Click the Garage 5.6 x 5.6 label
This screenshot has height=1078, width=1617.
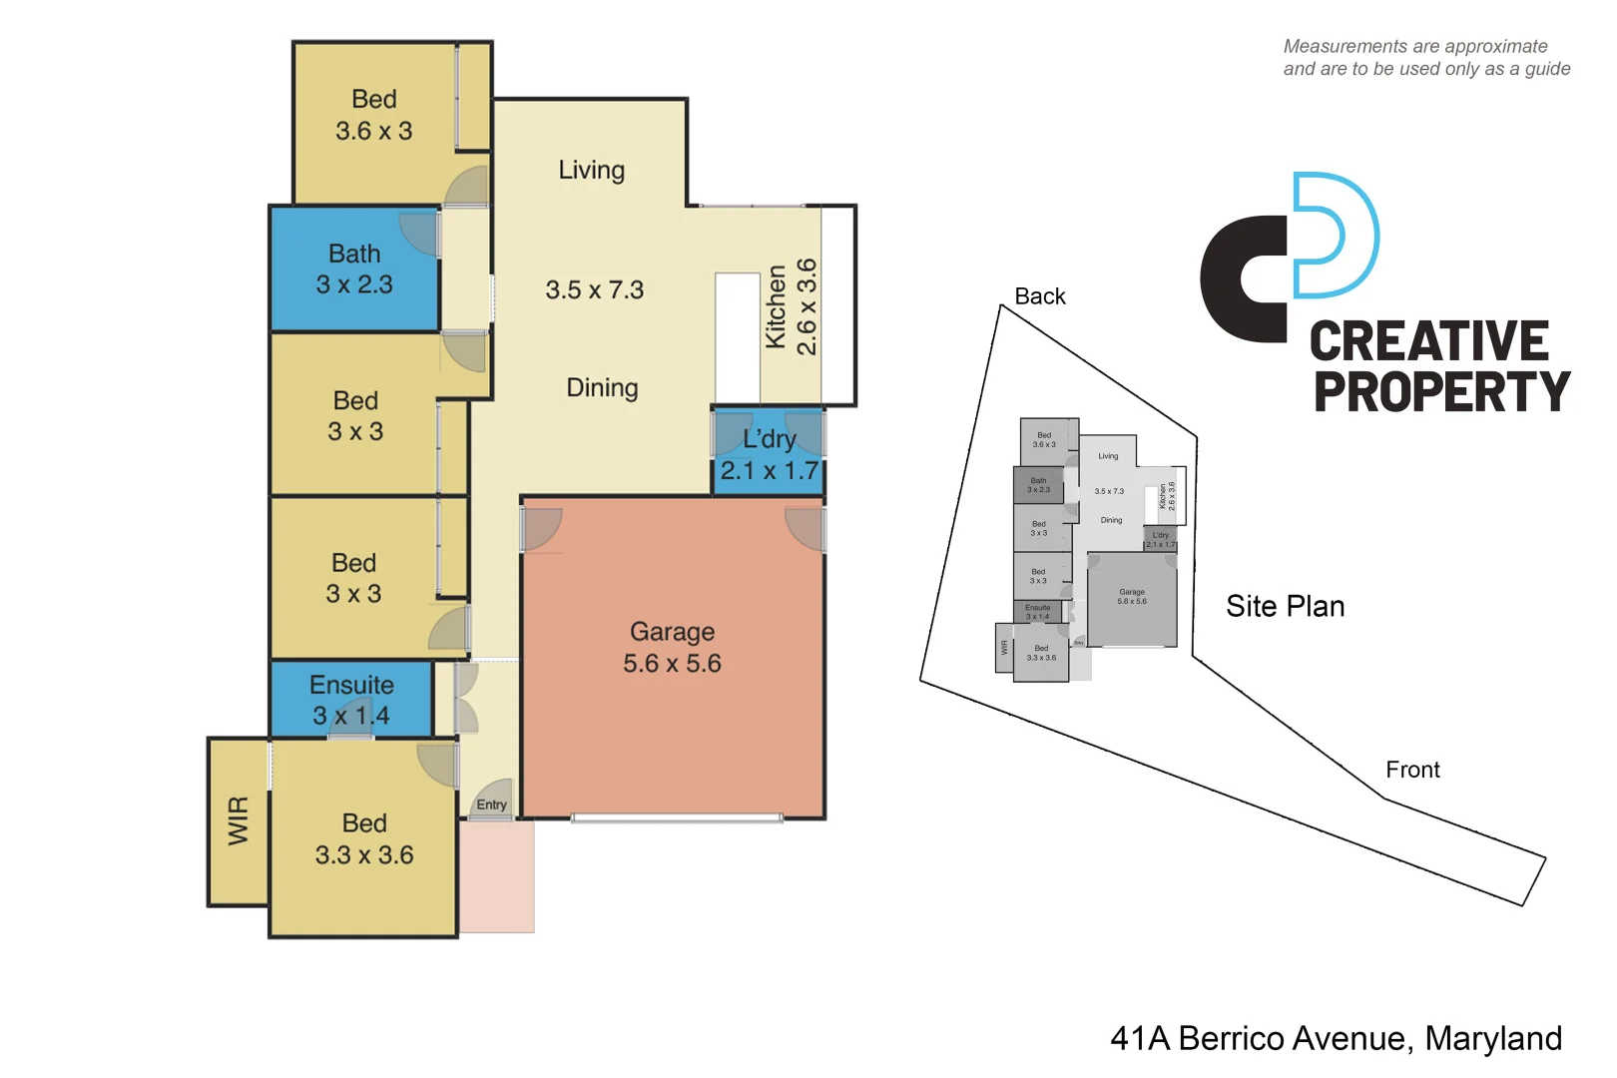coord(672,647)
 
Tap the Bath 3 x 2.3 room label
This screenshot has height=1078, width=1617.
coord(354,269)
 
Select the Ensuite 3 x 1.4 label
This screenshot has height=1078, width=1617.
coord(351,700)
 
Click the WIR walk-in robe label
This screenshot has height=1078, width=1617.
coord(238,820)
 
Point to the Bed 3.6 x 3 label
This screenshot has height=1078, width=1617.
coord(373,115)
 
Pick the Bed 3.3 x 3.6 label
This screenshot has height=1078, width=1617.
coord(364,838)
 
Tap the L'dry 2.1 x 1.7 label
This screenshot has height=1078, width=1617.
coord(769,454)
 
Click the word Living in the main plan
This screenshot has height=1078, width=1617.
coord(591,170)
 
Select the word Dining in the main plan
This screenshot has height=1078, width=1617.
coord(602,387)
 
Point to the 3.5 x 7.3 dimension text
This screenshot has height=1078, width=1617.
coord(594,289)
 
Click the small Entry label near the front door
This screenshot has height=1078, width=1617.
coord(491,805)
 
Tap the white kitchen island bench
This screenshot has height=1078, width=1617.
coord(738,337)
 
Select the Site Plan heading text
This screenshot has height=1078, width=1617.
coord(1285,606)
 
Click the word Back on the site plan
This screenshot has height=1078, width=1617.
coord(1039,296)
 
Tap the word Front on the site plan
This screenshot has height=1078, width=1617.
coord(1412,770)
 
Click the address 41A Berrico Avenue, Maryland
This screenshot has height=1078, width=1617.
coord(1336,1038)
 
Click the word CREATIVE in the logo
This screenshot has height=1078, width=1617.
coord(1428,342)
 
